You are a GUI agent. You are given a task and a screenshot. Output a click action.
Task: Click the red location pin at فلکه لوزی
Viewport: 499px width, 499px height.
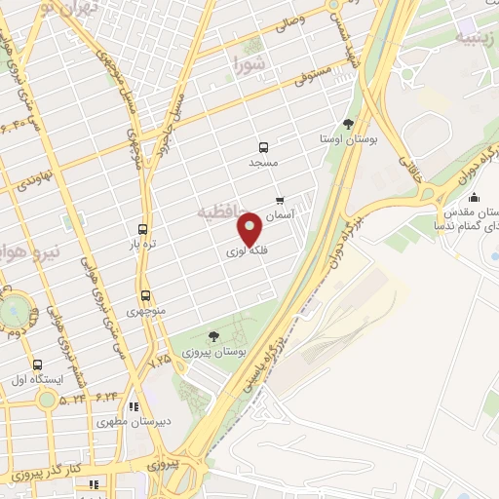tap(250, 228)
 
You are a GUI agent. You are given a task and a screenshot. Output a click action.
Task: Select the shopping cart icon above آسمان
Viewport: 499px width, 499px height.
tap(281, 200)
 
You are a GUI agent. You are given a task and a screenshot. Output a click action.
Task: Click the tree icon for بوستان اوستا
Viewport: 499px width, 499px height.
tap(349, 123)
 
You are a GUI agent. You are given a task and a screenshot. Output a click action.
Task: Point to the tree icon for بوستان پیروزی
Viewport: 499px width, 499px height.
tap(213, 335)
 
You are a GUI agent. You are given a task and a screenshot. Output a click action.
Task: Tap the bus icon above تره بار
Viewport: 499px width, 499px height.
tap(144, 229)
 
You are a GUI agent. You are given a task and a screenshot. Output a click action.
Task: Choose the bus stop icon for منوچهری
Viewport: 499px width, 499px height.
tap(145, 295)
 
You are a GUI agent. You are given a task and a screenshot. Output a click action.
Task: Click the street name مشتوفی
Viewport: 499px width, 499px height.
tap(318, 76)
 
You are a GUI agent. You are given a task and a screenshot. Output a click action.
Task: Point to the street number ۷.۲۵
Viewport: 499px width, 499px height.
tap(159, 360)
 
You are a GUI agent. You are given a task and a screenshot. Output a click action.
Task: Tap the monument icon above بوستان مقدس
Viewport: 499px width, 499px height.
tap(474, 199)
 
